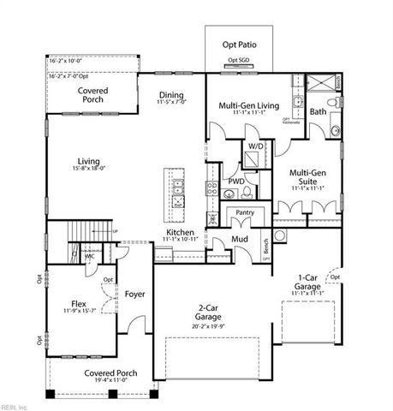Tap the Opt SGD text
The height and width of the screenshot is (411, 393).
pos(239,61)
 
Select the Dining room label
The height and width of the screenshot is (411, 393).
pos(173,96)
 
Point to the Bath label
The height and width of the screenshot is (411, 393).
pos(318,112)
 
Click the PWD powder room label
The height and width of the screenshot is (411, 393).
pos(236,182)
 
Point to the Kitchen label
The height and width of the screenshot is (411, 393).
pos(181,233)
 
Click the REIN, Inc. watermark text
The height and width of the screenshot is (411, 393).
pos(15,405)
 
